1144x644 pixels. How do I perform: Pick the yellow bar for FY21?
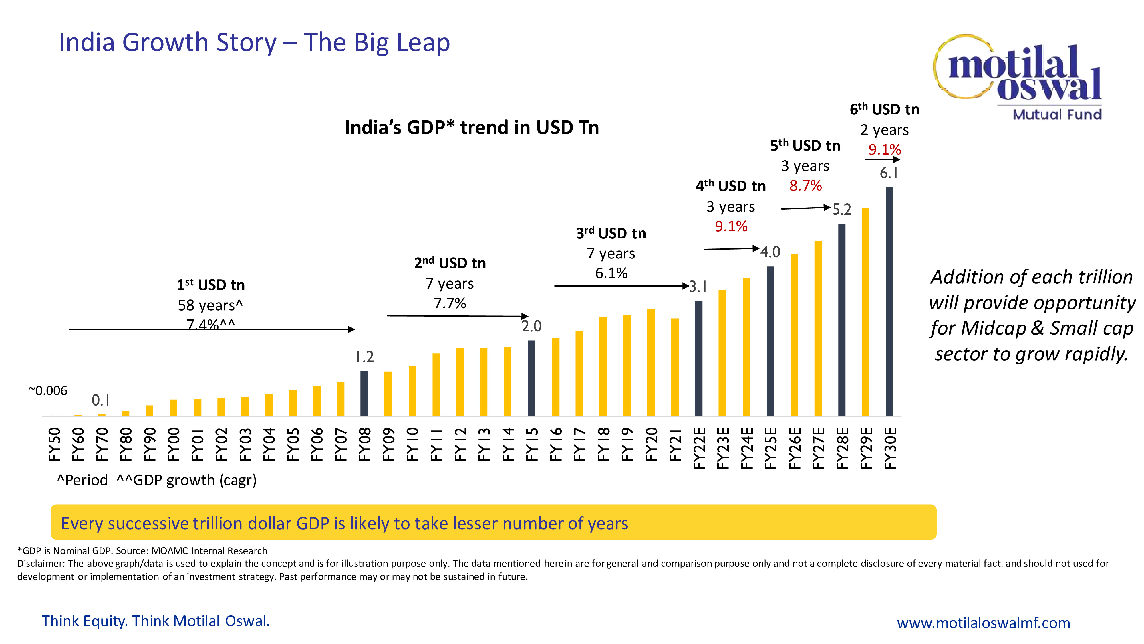pos(675,367)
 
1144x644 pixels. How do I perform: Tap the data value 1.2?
pos(365,357)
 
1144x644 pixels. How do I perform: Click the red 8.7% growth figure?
pos(805,186)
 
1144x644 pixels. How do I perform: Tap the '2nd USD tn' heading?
pos(450,263)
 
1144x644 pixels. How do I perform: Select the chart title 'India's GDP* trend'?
pos(472,128)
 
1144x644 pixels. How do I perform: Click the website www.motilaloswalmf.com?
pos(983,623)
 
